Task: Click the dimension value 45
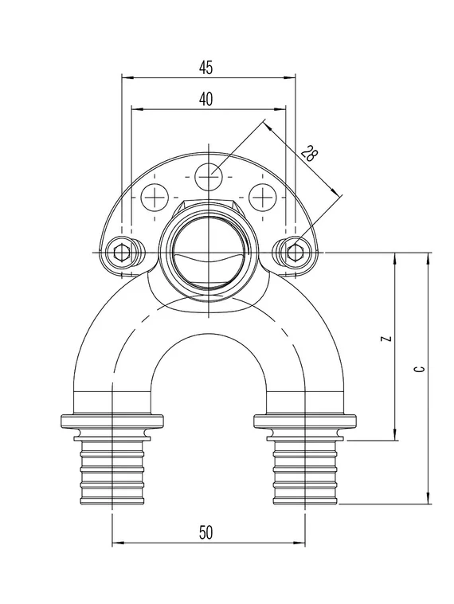tap(206, 69)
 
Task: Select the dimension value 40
tap(206, 100)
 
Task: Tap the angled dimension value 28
tap(308, 154)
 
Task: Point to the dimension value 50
tap(206, 534)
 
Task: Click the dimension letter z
tap(386, 339)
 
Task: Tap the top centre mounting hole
tap(209, 174)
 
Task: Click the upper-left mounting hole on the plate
tap(155, 196)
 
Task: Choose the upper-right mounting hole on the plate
tap(261, 196)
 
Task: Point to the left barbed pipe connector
tap(112, 471)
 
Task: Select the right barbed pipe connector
tap(303, 471)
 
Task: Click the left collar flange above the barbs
tap(112, 422)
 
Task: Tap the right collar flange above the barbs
tap(303, 422)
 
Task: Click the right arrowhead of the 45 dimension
tap(290, 77)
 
